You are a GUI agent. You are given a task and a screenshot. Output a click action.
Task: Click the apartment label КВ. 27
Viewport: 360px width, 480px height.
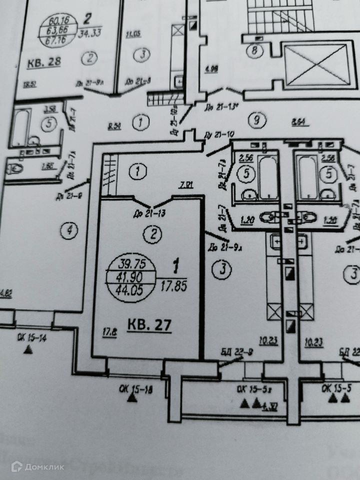point(149,325)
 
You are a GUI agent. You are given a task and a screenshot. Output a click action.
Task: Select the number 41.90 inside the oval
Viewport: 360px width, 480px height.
point(132,277)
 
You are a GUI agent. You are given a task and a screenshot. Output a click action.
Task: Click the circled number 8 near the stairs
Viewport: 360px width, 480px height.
point(255,50)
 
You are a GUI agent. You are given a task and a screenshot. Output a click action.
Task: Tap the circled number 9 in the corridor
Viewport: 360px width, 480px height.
point(256,120)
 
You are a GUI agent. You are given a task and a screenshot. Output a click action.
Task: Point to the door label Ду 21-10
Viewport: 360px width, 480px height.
point(219,134)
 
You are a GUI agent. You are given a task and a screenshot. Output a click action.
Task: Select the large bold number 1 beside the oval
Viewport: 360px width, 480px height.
point(176,267)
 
